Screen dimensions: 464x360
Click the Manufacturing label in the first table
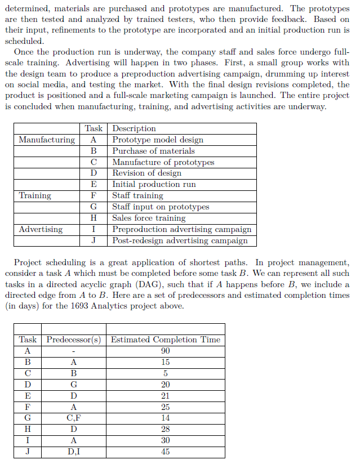pyautogui.click(x=47, y=140)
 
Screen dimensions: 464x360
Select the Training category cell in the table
pyautogui.click(x=35, y=195)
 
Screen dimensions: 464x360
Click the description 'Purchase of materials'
pyautogui.click(x=153, y=151)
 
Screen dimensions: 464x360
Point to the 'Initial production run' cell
pyautogui.click(x=154, y=184)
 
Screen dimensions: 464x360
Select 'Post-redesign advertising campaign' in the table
pyautogui.click(x=180, y=240)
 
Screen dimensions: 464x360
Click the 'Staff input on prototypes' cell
pyautogui.click(x=161, y=207)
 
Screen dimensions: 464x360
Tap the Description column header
pyautogui.click(x=134, y=128)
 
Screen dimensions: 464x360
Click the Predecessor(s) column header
pyautogui.click(x=74, y=340)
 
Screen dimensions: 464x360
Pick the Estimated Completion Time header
pyautogui.click(x=166, y=340)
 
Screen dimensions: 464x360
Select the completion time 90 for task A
pyautogui.click(x=166, y=351)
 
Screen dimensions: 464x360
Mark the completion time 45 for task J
pyautogui.click(x=166, y=452)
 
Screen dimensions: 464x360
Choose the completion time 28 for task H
pyautogui.click(x=166, y=429)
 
